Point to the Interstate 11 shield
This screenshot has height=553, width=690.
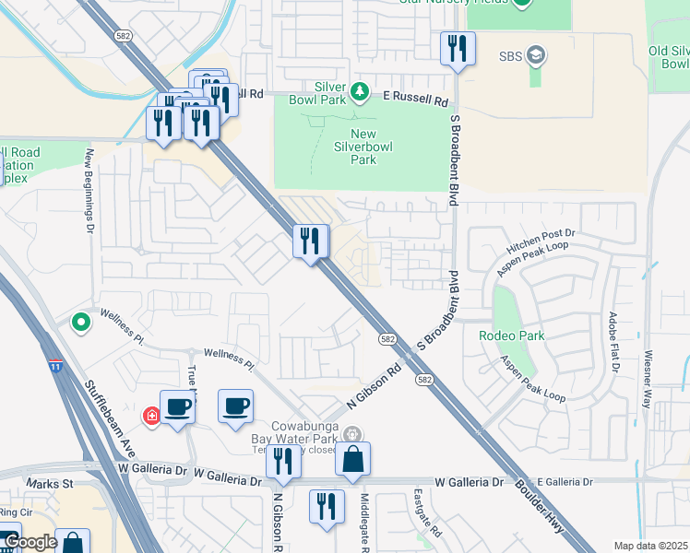coord(56,368)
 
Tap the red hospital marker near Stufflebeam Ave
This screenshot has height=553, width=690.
coord(151,417)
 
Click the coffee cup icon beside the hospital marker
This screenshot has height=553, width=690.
coord(177,406)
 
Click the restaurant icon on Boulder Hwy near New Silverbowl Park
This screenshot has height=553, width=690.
coord(311,241)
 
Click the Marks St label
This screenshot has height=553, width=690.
coord(50,483)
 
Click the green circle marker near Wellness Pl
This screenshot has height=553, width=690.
coord(81,323)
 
